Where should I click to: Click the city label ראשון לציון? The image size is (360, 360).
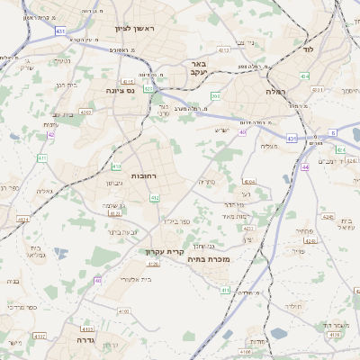135,29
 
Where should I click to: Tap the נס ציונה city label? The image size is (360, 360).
120,91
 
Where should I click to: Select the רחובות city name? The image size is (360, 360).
144,175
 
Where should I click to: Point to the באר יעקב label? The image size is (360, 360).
200,70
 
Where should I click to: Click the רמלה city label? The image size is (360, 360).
275,92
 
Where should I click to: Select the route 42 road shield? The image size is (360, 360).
50,134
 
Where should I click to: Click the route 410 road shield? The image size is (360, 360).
116,166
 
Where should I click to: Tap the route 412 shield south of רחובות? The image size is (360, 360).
155,198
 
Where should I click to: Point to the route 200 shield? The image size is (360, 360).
215,95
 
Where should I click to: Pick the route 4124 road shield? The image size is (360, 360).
22,219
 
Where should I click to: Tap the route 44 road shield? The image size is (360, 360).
305,166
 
